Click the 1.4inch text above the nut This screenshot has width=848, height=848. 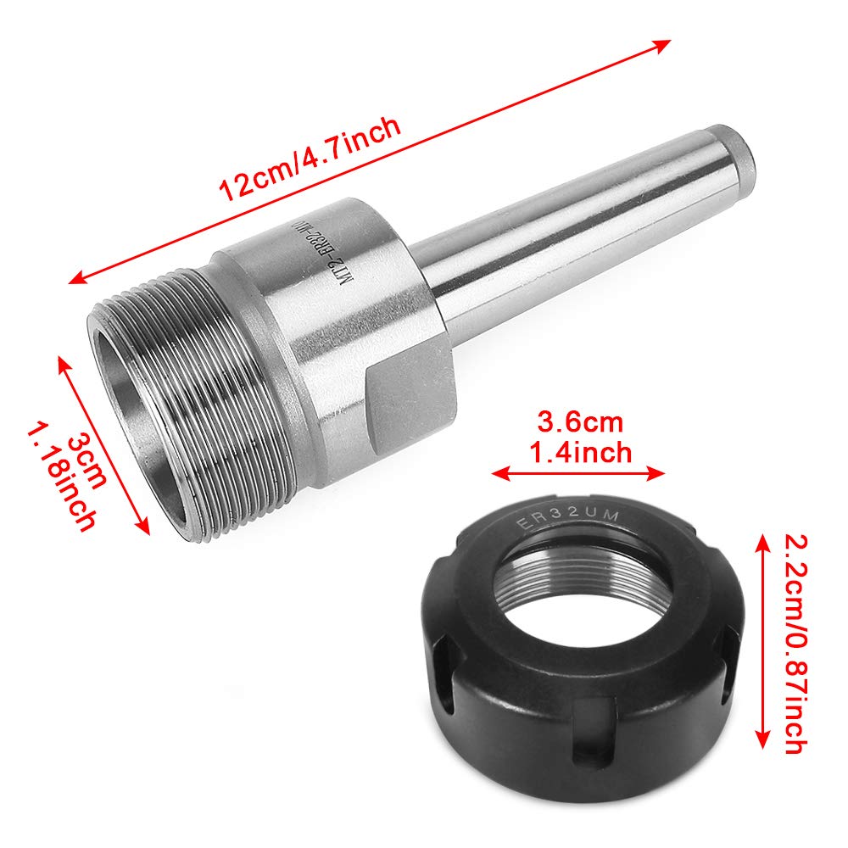coord(581,451)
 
